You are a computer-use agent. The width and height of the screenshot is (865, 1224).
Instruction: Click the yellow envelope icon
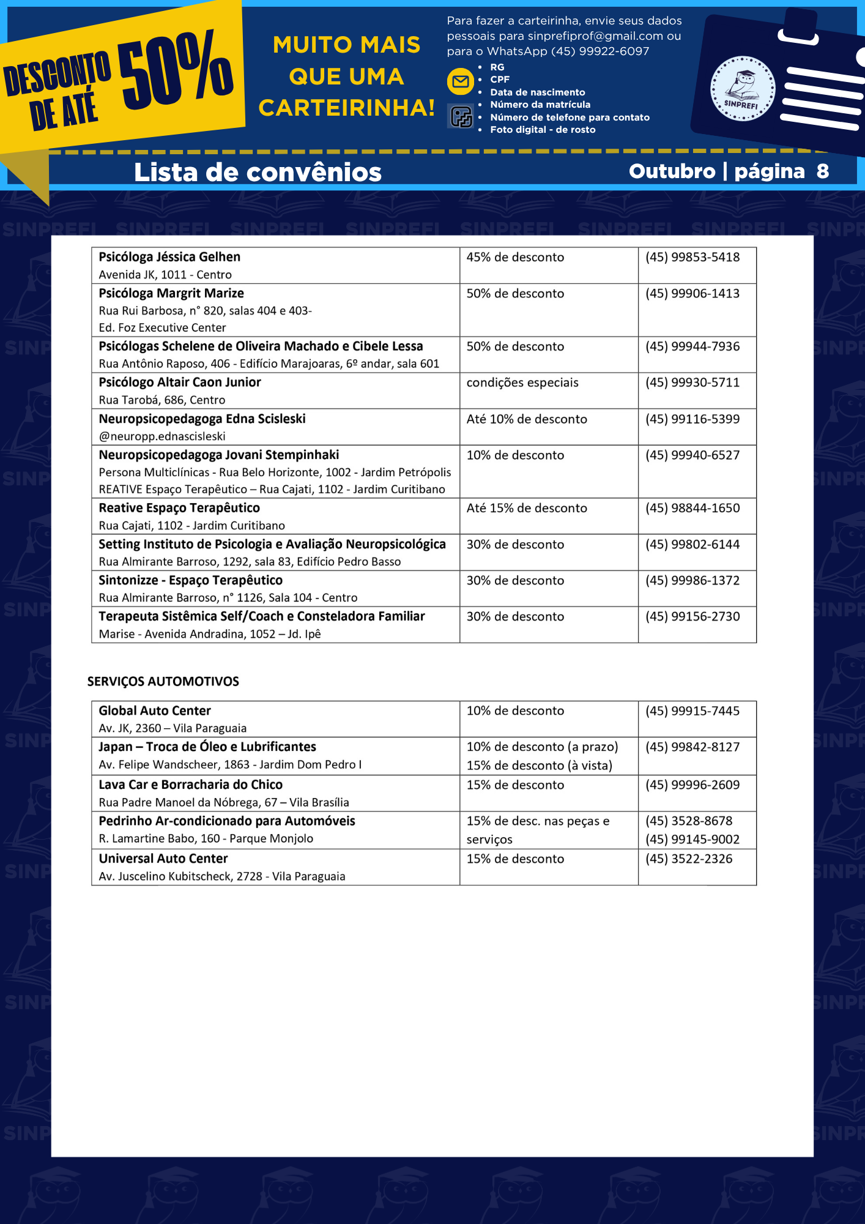point(460,82)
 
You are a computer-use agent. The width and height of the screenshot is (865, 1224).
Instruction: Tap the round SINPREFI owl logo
point(742,89)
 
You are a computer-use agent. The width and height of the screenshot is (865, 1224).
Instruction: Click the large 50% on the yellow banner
point(176,69)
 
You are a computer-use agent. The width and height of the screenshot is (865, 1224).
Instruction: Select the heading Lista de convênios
point(258,172)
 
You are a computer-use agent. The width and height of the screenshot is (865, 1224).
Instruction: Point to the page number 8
point(822,171)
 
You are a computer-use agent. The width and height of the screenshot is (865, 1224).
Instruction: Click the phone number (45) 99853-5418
point(692,257)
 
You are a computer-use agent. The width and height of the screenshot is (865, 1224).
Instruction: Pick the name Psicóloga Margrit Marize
point(171,293)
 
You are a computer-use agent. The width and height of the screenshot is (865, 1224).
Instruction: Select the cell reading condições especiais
point(522,382)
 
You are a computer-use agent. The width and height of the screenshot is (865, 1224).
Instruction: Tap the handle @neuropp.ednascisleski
point(162,436)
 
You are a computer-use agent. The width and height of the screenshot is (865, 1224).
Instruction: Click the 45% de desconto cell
point(515,257)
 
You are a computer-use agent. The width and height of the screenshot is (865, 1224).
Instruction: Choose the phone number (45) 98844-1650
point(692,508)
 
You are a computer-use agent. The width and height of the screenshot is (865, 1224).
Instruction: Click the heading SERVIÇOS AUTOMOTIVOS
point(163,681)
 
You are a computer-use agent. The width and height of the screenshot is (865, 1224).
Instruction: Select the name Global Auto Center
point(155,711)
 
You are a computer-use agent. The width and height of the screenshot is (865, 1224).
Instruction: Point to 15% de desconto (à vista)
point(539,766)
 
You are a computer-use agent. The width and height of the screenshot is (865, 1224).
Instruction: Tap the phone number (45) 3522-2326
point(688,859)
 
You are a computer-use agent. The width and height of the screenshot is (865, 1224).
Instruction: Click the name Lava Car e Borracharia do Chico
point(190,785)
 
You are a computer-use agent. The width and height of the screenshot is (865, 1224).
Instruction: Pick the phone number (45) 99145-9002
point(692,840)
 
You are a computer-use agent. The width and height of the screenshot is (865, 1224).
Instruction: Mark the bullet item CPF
point(499,80)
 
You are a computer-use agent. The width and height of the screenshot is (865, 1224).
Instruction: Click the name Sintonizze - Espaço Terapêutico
point(190,580)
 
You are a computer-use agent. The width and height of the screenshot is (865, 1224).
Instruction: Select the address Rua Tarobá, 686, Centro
point(162,400)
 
